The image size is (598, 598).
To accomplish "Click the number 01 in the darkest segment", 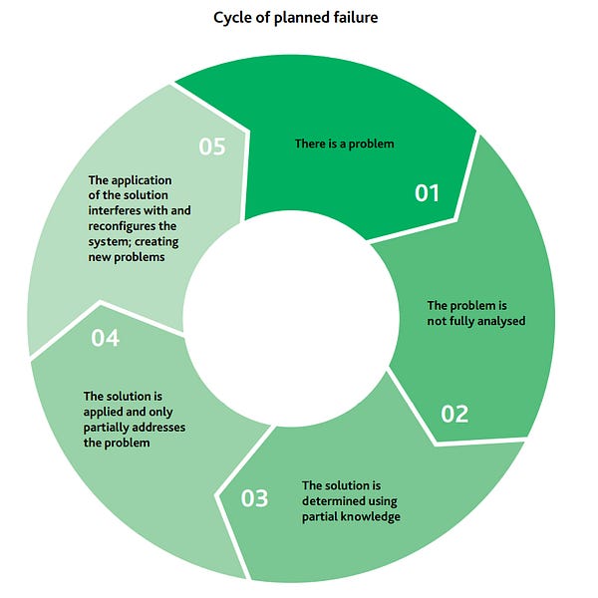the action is [428, 193].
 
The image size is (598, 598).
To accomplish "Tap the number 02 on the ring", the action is [454, 414].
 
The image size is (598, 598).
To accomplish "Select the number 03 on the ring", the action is [254, 498].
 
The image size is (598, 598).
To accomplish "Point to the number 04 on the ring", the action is [106, 338].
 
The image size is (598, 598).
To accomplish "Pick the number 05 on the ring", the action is [212, 147].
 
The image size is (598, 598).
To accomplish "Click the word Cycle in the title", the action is [232, 18].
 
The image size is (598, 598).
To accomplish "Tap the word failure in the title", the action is [355, 17].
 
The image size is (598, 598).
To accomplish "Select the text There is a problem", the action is [345, 144].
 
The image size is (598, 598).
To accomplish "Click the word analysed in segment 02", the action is [501, 321].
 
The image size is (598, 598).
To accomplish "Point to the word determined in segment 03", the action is [350, 501].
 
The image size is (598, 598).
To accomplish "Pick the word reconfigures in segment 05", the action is [122, 226].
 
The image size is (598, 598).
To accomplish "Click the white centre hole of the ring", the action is [291, 319].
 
